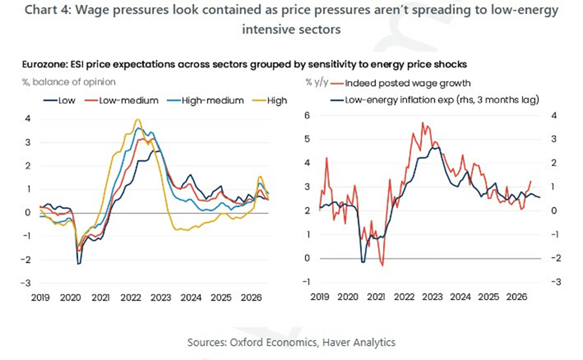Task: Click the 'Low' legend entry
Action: pyautogui.click(x=59, y=101)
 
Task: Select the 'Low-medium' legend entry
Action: pyautogui.click(x=121, y=101)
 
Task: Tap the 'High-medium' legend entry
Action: pyautogui.click(x=205, y=101)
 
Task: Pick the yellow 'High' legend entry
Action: pyautogui.click(x=270, y=101)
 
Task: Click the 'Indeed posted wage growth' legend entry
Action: pyautogui.click(x=401, y=83)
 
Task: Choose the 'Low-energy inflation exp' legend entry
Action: pyautogui.click(x=435, y=100)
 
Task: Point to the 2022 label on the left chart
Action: pyautogui.click(x=130, y=298)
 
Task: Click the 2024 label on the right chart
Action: pyautogui.click(x=460, y=297)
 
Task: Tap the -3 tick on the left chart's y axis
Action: pyautogui.click(x=25, y=283)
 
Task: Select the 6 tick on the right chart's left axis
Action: pyautogui.click(x=307, y=115)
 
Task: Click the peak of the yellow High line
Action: pyautogui.click(x=138, y=120)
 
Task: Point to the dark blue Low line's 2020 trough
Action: pyautogui.click(x=79, y=264)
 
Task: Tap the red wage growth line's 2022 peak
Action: pyautogui.click(x=423, y=123)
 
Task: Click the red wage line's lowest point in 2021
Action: pyautogui.click(x=382, y=265)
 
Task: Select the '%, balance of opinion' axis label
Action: pyautogui.click(x=69, y=82)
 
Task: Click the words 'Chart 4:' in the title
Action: pyautogui.click(x=48, y=10)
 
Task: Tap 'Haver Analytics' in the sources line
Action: pyautogui.click(x=359, y=342)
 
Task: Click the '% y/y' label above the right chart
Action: pyautogui.click(x=317, y=82)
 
